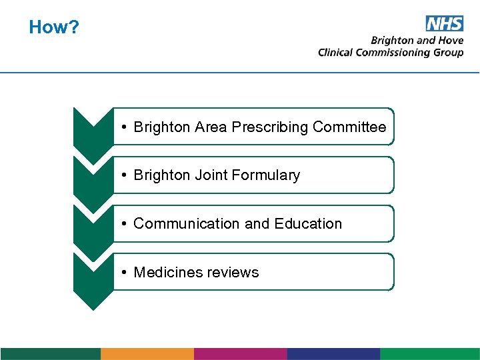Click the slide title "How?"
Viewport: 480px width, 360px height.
click(54, 27)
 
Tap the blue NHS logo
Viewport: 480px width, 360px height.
click(444, 23)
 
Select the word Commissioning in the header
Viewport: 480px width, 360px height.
click(389, 53)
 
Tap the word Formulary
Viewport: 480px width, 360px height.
click(265, 175)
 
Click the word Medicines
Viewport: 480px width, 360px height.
click(171, 272)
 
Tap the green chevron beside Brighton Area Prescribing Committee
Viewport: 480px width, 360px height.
click(93, 130)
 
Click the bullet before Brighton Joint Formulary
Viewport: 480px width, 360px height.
click(125, 175)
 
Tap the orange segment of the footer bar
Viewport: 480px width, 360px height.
click(147, 353)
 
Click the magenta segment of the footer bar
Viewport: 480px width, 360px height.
click(240, 353)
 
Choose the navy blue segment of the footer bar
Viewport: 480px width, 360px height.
click(333, 353)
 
